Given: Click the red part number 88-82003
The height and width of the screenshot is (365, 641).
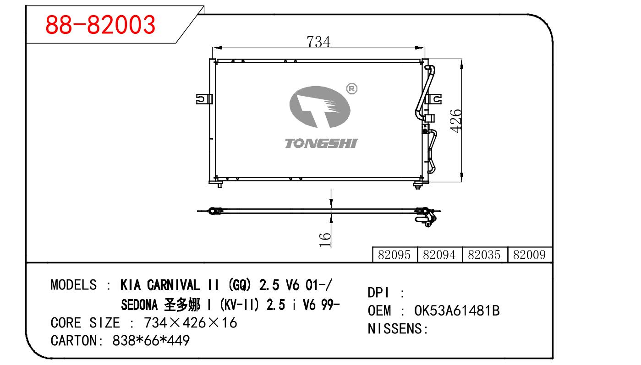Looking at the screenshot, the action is point(100,25).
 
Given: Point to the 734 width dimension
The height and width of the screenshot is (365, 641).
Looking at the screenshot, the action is point(318,42).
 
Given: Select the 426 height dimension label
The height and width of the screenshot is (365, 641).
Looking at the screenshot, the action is point(455,121).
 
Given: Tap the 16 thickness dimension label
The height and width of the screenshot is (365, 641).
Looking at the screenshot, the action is point(324,240).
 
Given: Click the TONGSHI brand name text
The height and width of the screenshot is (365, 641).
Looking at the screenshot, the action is point(321,143).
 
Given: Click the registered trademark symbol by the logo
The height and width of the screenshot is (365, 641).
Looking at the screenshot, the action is point(352,89).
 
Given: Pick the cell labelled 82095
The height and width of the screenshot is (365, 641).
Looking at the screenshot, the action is point(394,255).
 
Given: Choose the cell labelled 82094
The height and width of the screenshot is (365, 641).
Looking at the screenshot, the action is point(439,255).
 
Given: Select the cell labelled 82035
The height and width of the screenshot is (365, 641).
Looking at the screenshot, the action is point(484,255).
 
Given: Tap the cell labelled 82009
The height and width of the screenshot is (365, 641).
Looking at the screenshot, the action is point(530,255).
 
